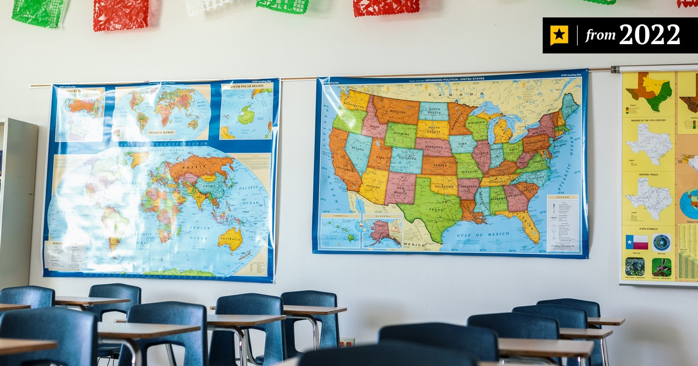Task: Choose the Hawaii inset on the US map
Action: coord(340,231)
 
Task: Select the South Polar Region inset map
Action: coord(246,110)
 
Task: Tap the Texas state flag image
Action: coord(637,242)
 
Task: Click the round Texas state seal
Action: coord(661,242)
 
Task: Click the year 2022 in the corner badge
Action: coord(649,35)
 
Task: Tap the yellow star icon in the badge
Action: coord(559,35)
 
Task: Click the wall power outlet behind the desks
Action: coord(347,343)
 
